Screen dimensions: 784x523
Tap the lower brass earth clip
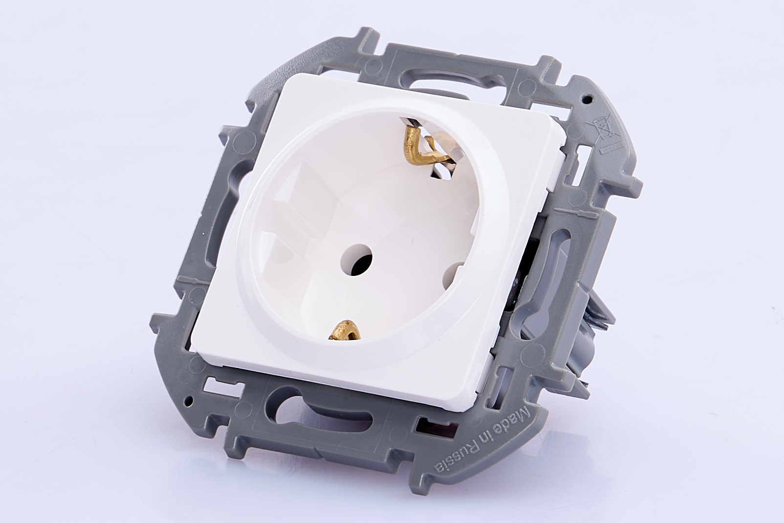coord(345,330)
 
